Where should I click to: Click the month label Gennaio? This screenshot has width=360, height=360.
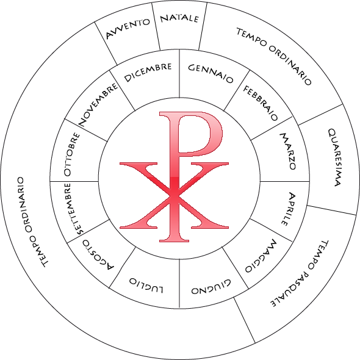click(x=211, y=73)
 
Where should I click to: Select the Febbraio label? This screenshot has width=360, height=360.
click(x=261, y=103)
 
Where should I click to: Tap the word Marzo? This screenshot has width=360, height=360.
click(x=288, y=151)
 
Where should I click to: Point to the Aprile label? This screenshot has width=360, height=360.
click(x=288, y=209)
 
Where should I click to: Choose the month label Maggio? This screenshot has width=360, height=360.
click(x=261, y=256)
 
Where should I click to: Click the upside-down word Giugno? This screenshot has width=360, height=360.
click(x=211, y=287)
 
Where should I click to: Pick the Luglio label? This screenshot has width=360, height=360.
click(x=146, y=286)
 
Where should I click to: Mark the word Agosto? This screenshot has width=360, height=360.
click(x=98, y=255)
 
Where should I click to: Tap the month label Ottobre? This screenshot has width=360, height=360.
click(x=72, y=154)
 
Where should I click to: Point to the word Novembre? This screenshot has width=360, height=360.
click(x=98, y=104)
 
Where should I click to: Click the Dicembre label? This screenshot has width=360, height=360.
click(x=148, y=73)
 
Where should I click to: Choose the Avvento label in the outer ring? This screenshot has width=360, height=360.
click(x=128, y=29)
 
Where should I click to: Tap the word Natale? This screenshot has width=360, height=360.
click(x=179, y=18)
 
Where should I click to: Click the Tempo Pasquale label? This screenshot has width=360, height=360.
click(x=300, y=274)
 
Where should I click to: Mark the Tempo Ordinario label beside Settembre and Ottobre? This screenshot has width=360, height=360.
click(x=33, y=222)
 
